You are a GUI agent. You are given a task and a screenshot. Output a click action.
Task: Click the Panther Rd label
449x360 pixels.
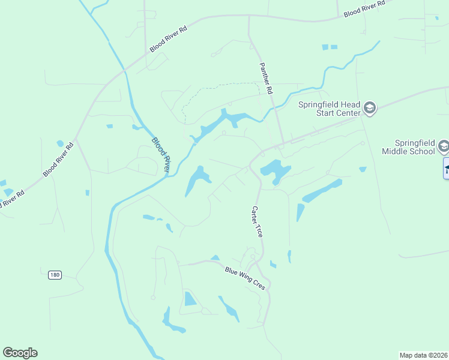(266, 79)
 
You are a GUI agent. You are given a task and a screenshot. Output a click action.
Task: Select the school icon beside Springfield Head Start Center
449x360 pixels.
(370, 109)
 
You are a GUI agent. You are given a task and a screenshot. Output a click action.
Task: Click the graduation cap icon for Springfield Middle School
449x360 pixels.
(444, 146)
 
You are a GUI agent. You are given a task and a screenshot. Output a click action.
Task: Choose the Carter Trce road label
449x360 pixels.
(256, 221)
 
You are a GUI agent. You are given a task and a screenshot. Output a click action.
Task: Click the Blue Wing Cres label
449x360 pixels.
(245, 278)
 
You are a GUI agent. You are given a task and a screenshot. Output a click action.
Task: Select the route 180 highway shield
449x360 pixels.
(55, 275)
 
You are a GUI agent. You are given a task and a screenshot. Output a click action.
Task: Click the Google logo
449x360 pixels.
(20, 353)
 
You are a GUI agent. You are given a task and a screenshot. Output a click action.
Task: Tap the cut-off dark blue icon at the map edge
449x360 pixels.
(446, 168)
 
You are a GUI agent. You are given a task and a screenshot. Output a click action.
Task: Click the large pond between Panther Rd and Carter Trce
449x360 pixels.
(276, 169)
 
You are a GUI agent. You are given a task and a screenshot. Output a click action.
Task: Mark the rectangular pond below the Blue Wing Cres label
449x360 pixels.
(190, 299)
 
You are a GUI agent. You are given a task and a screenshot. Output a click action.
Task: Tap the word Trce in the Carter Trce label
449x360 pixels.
(259, 230)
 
